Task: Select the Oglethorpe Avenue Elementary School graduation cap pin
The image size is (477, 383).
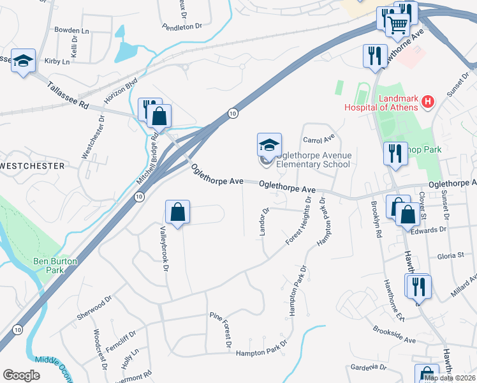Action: [x=269, y=146]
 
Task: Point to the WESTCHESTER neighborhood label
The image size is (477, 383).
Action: [x=33, y=166]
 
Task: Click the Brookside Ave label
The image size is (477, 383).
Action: [x=394, y=335]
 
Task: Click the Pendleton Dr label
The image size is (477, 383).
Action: [x=182, y=27]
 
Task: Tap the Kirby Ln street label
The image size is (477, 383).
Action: [x=57, y=62]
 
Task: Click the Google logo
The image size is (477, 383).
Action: [x=21, y=375]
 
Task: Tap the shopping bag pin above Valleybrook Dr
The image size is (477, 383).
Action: [x=178, y=212]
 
